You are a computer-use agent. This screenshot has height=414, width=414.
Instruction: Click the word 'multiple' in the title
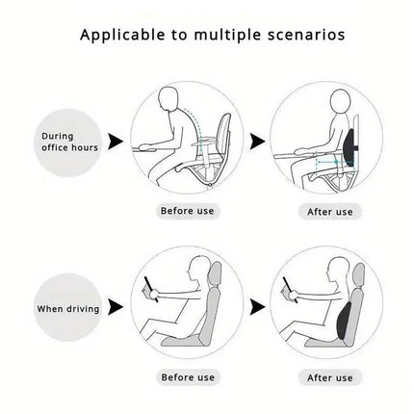tap(228, 35)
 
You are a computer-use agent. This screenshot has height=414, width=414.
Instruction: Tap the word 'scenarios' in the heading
tap(306, 35)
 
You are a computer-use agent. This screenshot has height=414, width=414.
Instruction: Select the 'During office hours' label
tap(69, 142)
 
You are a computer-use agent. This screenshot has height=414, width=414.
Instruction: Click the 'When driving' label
tap(68, 309)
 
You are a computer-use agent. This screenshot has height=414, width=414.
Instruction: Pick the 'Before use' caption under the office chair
tap(188, 211)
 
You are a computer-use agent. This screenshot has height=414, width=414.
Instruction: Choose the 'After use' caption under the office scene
tap(330, 212)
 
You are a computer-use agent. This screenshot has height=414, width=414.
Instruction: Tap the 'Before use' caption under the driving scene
tap(188, 377)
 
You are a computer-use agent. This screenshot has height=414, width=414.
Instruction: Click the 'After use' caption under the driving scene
tap(330, 377)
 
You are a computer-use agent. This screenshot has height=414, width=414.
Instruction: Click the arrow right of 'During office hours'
tap(116, 142)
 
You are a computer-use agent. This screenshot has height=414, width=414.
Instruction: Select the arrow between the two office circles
tap(257, 142)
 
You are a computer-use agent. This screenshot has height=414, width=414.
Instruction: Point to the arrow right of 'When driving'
tap(116, 307)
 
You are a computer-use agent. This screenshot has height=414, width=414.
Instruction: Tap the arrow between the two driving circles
tap(257, 307)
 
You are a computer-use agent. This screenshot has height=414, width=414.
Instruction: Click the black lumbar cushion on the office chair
tap(349, 147)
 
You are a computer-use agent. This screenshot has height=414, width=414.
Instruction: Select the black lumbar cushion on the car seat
tap(344, 321)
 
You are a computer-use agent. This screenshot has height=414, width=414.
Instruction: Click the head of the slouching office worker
tap(168, 98)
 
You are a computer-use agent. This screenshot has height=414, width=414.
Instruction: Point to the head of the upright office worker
tap(340, 101)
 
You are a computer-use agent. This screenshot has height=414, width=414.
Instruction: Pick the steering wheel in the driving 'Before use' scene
tap(151, 290)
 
